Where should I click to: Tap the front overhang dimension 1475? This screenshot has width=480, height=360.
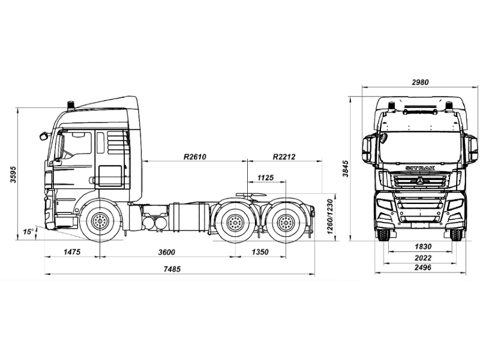click(x=71, y=252)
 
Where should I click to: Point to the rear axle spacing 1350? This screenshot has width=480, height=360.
click(x=259, y=252)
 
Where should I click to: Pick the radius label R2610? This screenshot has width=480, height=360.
click(x=195, y=157)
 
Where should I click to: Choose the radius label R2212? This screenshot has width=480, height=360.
click(x=284, y=157)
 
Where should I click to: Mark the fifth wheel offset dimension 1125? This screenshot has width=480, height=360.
click(x=265, y=178)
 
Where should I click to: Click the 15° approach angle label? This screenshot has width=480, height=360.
click(x=28, y=232)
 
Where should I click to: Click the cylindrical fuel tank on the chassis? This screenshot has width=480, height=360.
click(x=188, y=217)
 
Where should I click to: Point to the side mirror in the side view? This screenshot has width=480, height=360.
click(x=44, y=136)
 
